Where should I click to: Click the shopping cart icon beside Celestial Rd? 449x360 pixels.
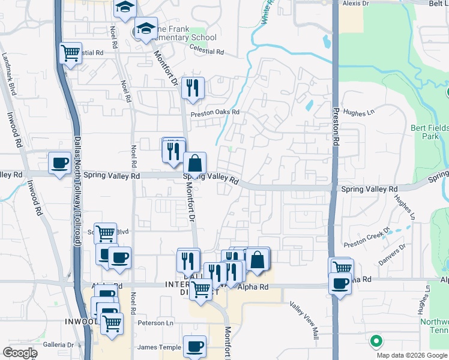click(71, 53)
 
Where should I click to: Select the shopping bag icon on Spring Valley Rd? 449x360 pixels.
click(194, 163)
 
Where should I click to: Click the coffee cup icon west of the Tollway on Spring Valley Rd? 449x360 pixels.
click(60, 164)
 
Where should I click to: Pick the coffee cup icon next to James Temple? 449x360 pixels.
click(194, 346)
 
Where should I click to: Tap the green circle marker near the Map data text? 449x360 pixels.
click(376, 341)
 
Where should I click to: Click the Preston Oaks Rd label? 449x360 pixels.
click(215, 112)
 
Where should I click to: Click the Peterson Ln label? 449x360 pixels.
click(155, 323)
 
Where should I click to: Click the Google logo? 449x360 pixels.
click(20, 353)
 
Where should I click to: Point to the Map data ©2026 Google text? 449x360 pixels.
click(412, 355)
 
